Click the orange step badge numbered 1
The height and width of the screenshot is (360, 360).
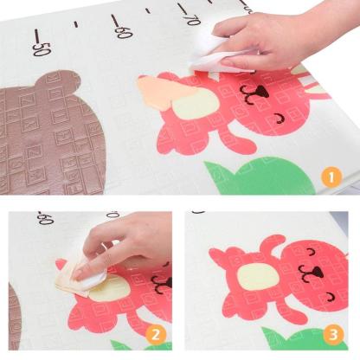[x=331, y=177]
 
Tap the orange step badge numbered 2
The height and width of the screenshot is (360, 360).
[x=156, y=335]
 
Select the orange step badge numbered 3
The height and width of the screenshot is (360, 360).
[x=334, y=335]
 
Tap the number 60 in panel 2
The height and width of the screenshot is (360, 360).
[x=46, y=218]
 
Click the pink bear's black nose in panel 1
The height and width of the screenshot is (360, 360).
[x=260, y=92]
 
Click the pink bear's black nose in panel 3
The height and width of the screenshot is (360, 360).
[x=316, y=272]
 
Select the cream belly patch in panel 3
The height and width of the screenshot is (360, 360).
[x=258, y=277]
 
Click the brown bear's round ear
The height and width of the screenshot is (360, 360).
[x=59, y=80]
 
